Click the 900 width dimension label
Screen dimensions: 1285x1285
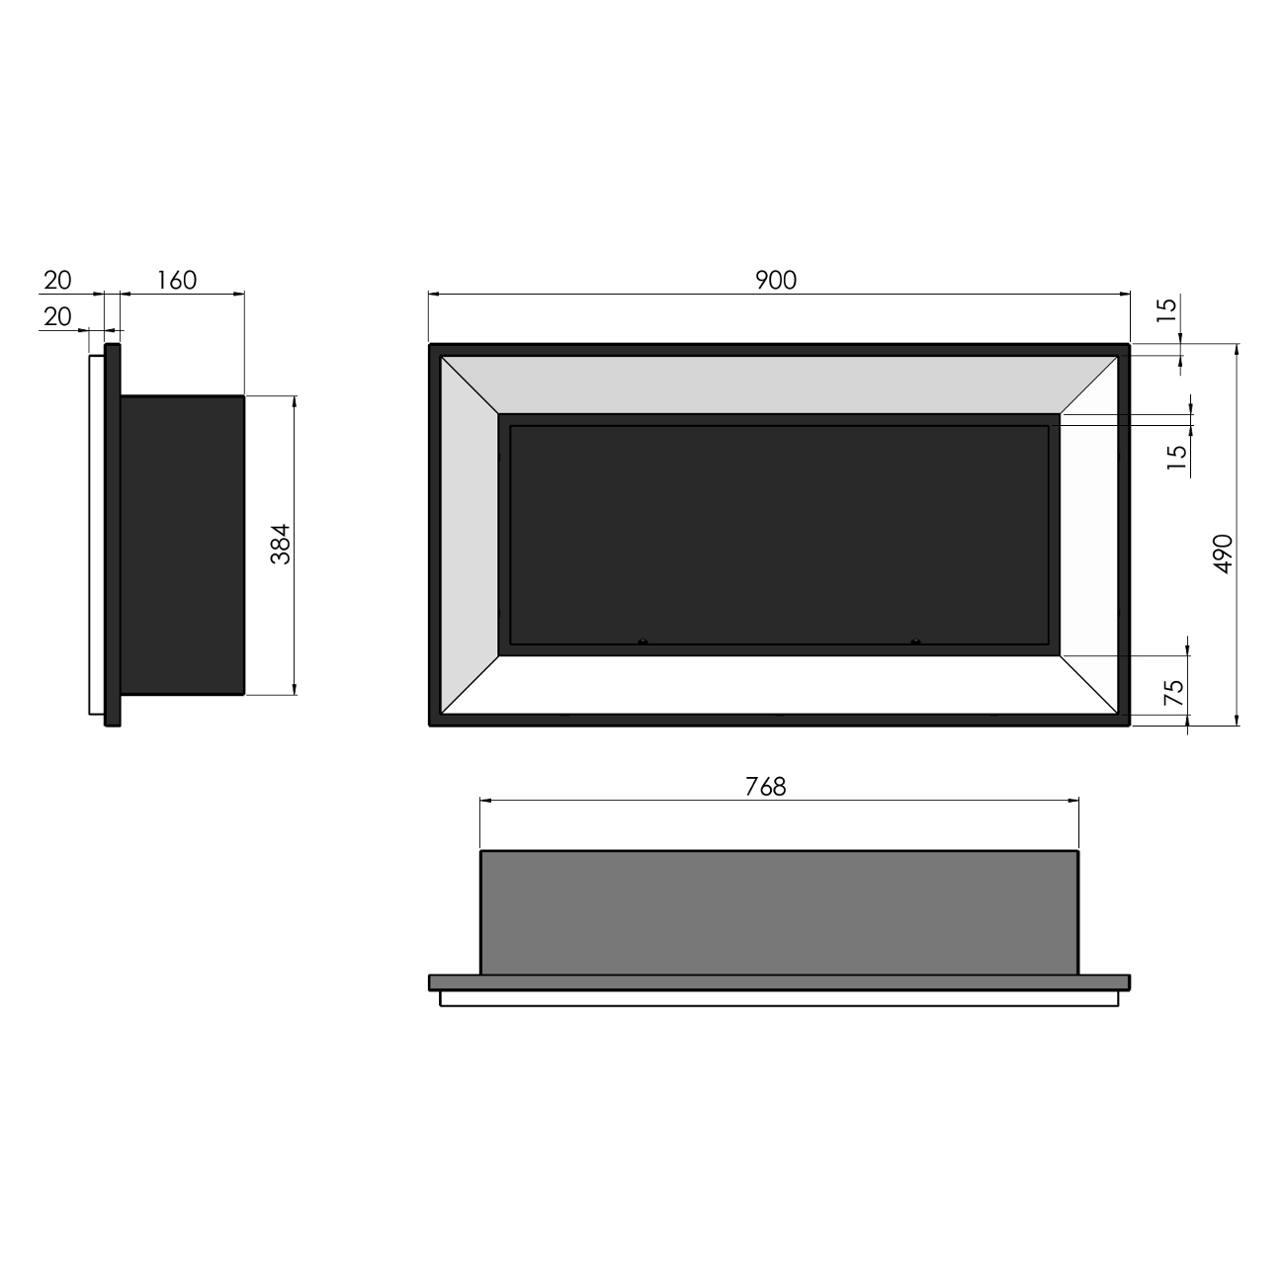[776, 281]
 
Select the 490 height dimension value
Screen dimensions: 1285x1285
[1223, 555]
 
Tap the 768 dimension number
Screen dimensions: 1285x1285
[766, 787]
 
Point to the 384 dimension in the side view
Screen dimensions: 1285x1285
[282, 543]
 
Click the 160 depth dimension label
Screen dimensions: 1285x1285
[177, 281]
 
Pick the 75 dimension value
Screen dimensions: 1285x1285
[1173, 692]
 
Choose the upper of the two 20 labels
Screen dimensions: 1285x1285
[57, 281]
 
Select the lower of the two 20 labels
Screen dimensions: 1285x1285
[57, 316]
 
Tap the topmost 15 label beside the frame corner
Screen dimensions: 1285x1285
[1167, 309]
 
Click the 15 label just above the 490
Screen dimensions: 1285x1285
[1175, 458]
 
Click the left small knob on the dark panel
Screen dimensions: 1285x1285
[642, 642]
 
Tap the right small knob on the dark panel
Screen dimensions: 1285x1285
[914, 642]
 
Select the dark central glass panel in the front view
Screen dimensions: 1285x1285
[779, 534]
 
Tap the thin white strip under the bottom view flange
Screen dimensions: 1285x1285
[779, 998]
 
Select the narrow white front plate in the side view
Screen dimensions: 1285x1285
[96, 534]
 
